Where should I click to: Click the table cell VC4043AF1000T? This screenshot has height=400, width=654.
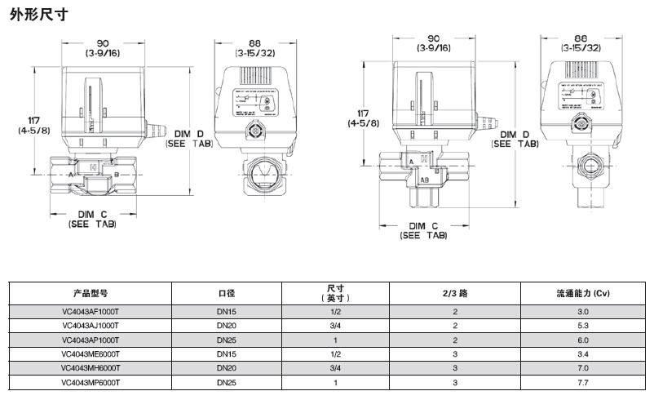tap(91, 312)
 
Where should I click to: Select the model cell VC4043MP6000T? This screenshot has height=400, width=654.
tap(91, 381)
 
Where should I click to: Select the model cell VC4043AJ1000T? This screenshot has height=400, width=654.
tap(91, 326)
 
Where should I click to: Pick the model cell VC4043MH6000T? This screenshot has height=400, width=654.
tap(91, 367)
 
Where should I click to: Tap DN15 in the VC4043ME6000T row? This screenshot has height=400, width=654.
tap(226, 353)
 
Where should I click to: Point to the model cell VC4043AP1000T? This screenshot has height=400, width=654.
tap(91, 340)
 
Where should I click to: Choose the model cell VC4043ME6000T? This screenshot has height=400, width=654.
tap(91, 353)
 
